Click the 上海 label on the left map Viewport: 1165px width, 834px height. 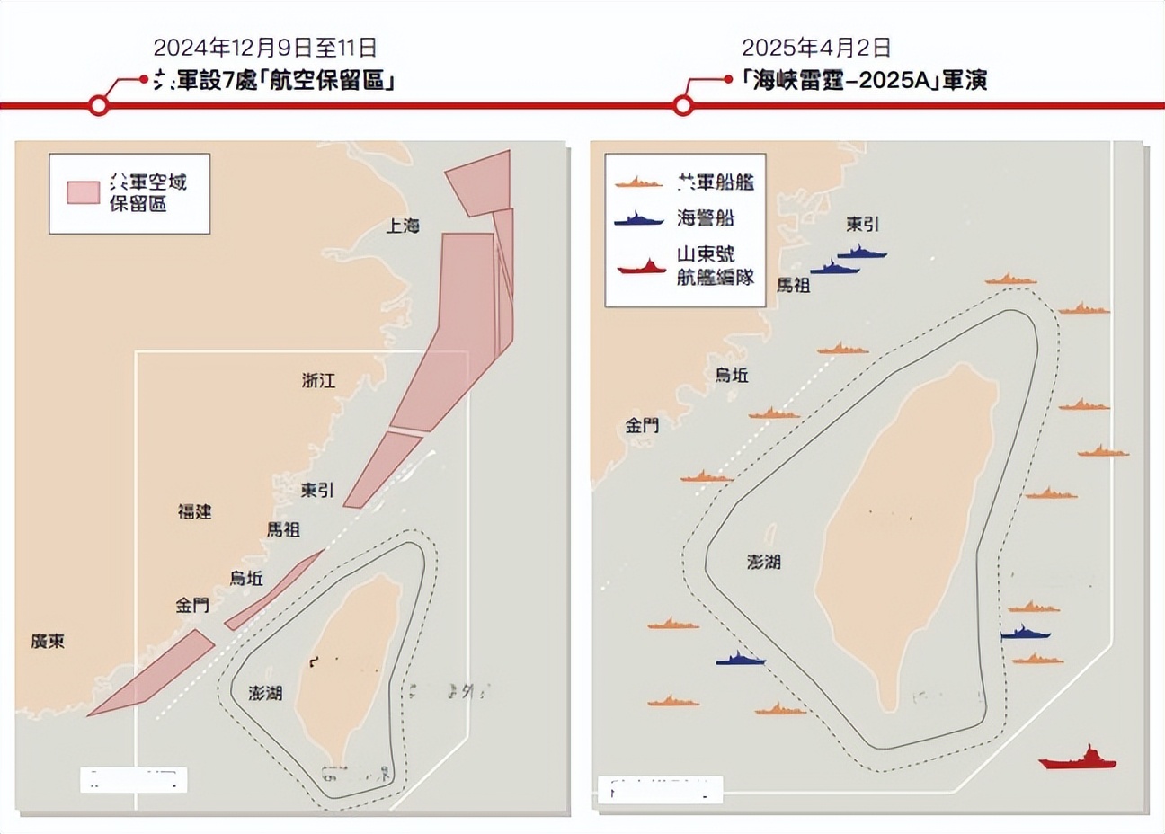403,226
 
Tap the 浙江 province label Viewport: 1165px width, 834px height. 318,381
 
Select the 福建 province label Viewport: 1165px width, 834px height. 194,511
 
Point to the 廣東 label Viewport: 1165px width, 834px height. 48,642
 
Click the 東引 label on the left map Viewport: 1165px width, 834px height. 317,490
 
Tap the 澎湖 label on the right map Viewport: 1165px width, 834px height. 763,563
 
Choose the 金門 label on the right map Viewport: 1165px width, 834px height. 642,425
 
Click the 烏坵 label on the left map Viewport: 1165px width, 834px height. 245,578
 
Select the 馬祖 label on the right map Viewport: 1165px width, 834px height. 793,285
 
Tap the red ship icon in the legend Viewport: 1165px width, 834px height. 641,267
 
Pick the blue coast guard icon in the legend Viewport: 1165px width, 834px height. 640,218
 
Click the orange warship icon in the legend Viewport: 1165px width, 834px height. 640,182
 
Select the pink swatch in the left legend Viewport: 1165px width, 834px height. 83,193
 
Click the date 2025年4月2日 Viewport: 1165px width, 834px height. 815,47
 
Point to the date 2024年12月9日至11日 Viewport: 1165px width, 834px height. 265,47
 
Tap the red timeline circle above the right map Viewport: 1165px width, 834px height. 683,106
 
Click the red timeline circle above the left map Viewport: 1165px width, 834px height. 100,106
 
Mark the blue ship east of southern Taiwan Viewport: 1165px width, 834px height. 1025,633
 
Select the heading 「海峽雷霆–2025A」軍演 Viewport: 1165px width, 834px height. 865,80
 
